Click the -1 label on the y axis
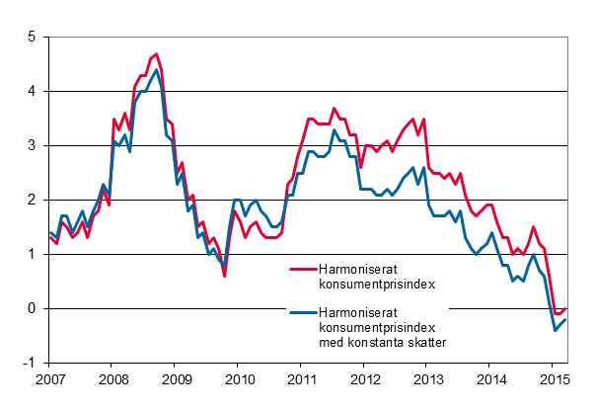click(29, 363)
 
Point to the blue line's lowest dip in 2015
click(555, 330)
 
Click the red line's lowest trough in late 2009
click(224, 276)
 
